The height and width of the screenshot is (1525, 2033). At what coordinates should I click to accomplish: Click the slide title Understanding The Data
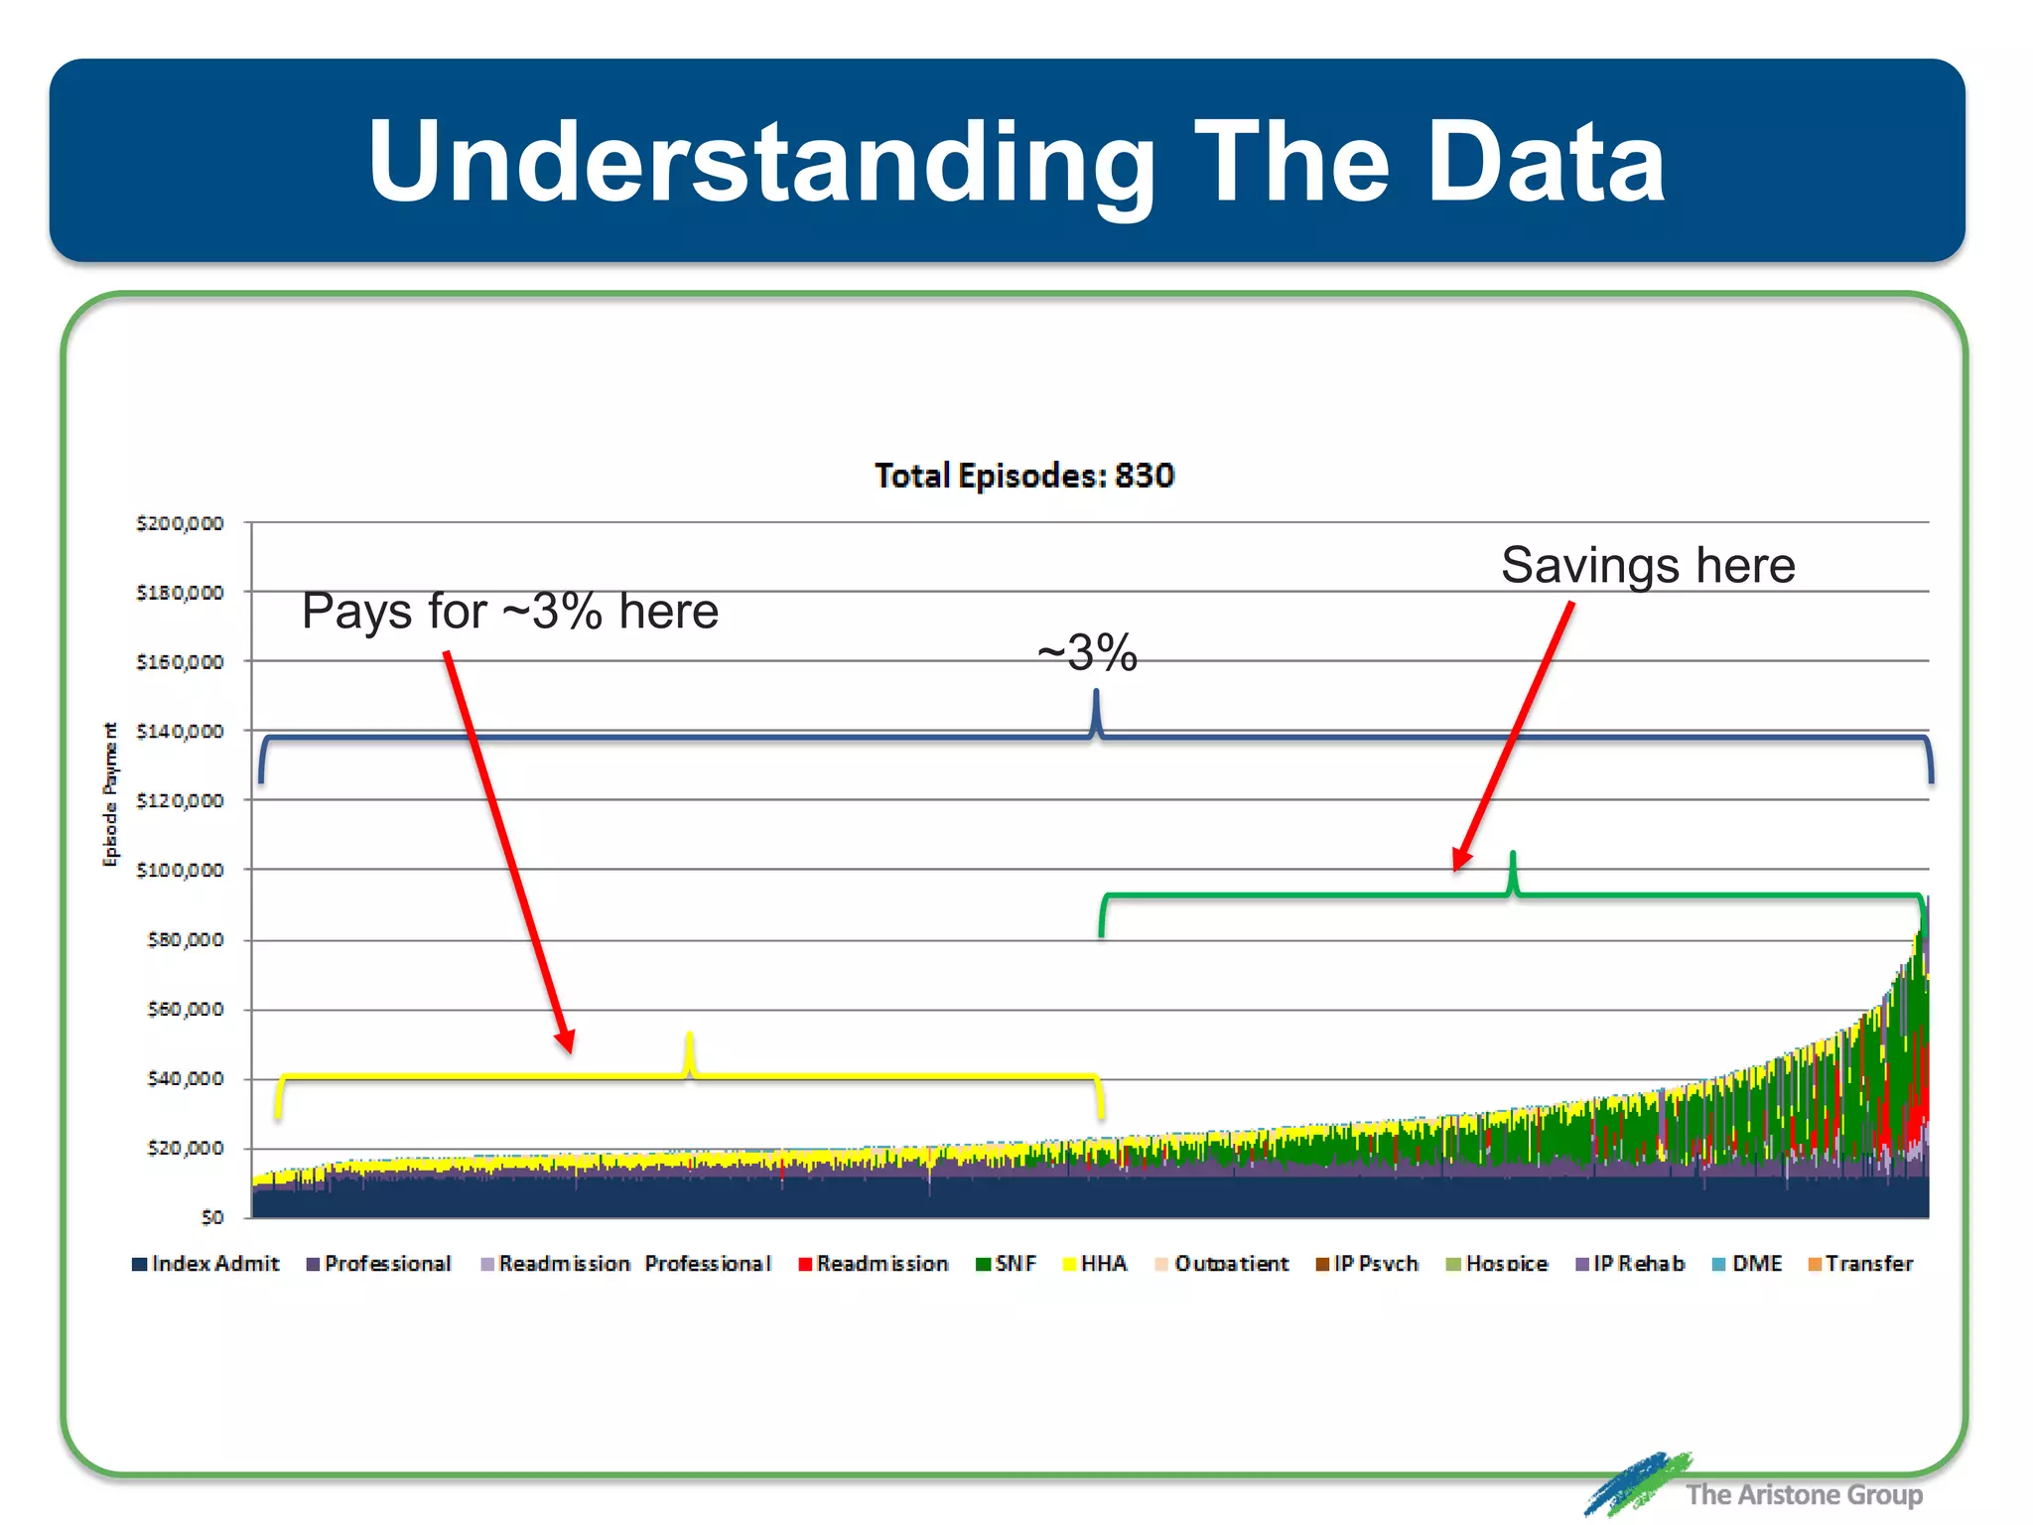[x=1016, y=161]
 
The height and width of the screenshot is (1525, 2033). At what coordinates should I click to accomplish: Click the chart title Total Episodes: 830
[x=1023, y=476]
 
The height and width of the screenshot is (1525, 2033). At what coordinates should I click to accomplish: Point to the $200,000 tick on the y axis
[x=180, y=523]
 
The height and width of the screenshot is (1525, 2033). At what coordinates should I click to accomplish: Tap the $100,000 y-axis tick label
[x=180, y=871]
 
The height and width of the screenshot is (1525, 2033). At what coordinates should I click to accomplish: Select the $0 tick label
[x=211, y=1217]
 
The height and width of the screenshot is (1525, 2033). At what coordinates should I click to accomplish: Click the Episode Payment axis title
[x=110, y=794]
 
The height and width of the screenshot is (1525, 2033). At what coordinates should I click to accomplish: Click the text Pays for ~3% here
[x=509, y=611]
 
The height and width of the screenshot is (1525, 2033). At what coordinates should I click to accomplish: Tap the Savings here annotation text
[x=1647, y=565]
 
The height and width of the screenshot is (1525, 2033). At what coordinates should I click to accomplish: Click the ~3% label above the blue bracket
[x=1087, y=652]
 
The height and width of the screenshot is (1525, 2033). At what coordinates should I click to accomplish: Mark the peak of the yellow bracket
[x=689, y=1038]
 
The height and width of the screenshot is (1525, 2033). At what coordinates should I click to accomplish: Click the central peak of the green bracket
[x=1512, y=856]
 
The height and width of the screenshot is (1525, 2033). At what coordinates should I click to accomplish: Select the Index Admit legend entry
[x=206, y=1264]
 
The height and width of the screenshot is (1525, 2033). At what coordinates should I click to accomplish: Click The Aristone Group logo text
[x=1803, y=1494]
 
